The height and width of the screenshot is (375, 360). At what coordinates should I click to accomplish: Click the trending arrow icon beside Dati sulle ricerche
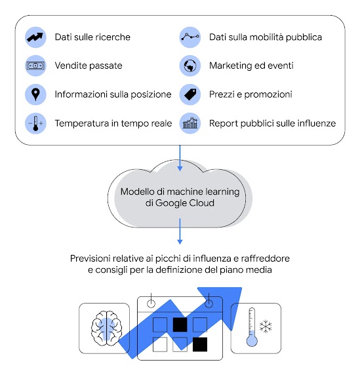pos(35,37)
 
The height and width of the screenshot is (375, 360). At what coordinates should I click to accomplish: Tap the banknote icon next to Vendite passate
pos(35,66)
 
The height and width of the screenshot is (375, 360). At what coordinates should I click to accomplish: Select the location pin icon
pos(35,94)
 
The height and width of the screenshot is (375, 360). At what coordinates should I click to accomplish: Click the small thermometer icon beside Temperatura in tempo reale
pos(35,123)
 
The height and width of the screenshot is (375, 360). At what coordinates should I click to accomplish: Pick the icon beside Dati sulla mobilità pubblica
pos(190,37)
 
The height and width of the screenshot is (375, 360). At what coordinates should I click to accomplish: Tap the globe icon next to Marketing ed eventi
pos(190,66)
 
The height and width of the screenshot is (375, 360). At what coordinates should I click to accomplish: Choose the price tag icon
pos(190,94)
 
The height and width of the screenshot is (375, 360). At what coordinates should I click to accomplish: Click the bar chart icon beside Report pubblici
pos(190,123)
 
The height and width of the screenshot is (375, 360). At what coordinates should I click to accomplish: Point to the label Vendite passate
pos(88,66)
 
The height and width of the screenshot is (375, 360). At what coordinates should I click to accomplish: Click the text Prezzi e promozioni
pos(250,94)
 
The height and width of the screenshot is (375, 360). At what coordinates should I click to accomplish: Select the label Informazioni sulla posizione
pos(113,94)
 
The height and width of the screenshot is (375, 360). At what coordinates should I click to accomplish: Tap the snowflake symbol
pos(266,326)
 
